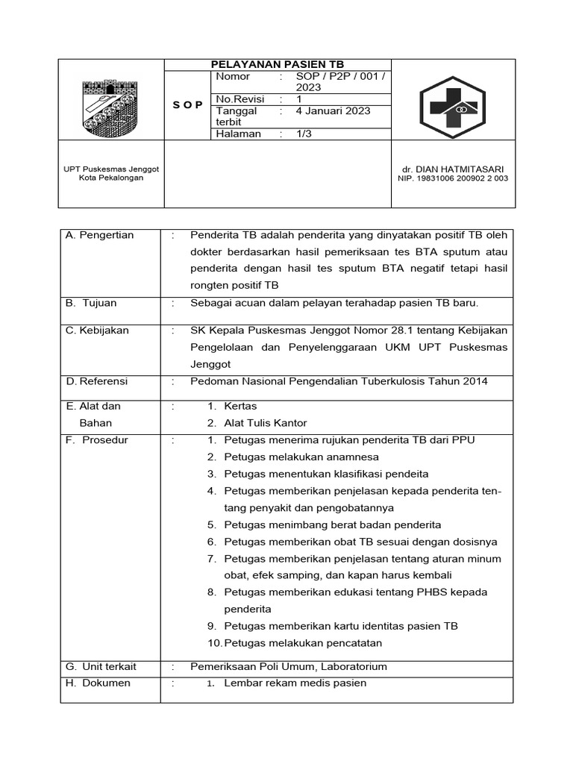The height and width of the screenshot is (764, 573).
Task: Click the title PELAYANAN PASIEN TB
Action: tap(278, 65)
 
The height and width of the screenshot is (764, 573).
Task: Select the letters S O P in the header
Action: tap(187, 105)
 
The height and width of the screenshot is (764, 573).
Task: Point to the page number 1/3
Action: tap(304, 134)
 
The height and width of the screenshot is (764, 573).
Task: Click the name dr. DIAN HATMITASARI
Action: tap(451, 169)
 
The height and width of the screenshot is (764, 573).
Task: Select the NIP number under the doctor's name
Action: tap(451, 179)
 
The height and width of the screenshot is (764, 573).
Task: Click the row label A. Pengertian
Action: tap(100, 235)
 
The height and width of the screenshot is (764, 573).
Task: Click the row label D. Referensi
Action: tap(97, 381)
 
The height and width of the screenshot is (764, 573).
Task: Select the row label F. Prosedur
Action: tap(97, 440)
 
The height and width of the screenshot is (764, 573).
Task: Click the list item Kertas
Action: tap(240, 407)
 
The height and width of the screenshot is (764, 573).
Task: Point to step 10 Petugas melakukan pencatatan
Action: tap(303, 642)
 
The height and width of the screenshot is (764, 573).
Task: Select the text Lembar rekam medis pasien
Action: tap(295, 683)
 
